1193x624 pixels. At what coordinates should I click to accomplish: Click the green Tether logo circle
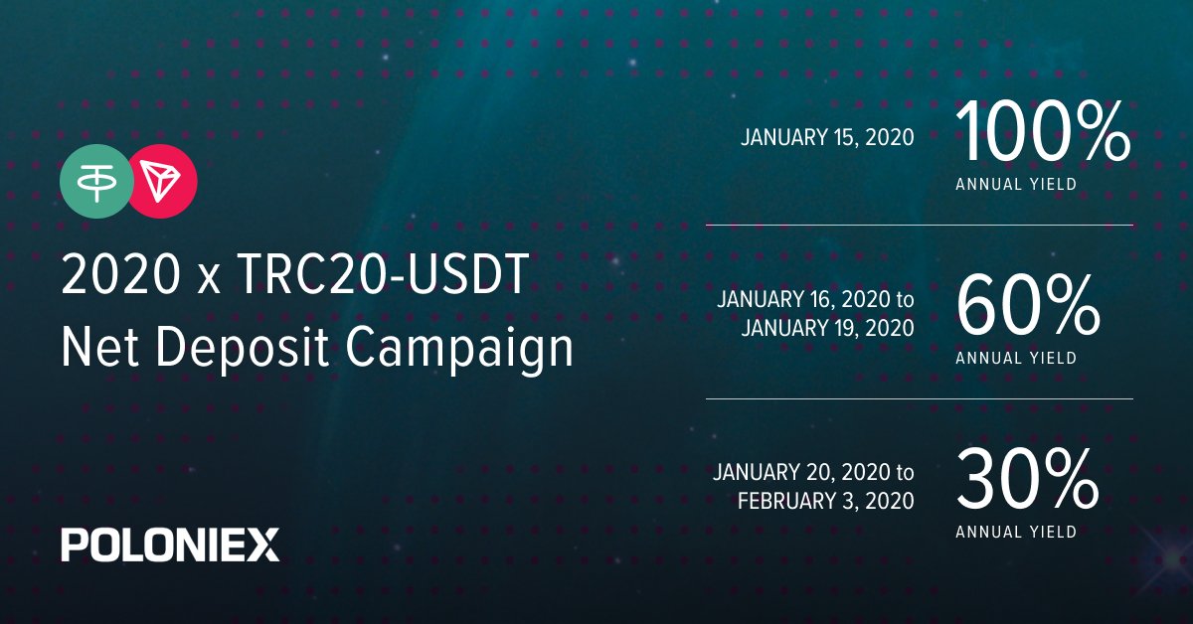click(96, 182)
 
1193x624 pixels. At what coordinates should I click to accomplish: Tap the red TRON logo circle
click(161, 182)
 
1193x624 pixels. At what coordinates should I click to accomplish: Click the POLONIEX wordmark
click(170, 545)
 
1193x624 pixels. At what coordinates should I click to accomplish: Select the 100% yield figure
click(1042, 132)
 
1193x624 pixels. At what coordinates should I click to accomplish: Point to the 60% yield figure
click(1028, 306)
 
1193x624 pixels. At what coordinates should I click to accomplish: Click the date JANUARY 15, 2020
click(827, 138)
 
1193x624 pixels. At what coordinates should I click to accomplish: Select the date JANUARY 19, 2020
click(827, 328)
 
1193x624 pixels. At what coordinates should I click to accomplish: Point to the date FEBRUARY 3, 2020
click(826, 501)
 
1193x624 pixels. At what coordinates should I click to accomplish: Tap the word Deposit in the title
click(242, 347)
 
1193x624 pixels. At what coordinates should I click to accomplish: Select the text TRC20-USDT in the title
click(384, 274)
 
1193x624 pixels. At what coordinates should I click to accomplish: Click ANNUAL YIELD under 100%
click(1016, 184)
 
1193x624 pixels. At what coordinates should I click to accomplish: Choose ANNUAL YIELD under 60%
click(1016, 358)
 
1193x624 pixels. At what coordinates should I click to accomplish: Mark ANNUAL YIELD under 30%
click(1016, 532)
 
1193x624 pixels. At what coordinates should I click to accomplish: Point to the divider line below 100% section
click(920, 226)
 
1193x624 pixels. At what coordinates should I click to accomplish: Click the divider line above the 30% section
click(920, 398)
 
